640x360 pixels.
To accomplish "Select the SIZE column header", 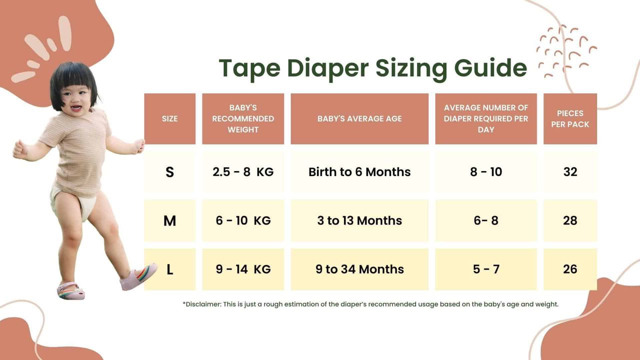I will tap(169, 118).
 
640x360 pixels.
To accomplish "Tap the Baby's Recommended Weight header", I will tap(243, 118).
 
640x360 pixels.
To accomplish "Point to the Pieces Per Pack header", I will tap(570, 118).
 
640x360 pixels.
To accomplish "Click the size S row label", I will tap(169, 172).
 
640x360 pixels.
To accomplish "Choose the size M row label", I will tap(169, 220).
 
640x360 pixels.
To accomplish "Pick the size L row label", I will tap(169, 269).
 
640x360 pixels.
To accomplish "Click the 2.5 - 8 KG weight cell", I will tap(243, 172).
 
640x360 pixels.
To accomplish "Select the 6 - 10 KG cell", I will tap(243, 220).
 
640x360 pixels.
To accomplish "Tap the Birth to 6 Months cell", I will tap(359, 172).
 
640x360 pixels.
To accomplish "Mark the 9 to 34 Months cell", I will tap(359, 269).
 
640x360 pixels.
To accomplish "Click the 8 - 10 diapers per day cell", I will tap(486, 172).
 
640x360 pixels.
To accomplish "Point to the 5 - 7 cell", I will tap(486, 269).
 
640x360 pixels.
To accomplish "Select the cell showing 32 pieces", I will tap(570, 172).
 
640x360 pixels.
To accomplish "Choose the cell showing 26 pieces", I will tap(570, 269).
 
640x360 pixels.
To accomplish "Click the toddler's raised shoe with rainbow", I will tap(138, 276).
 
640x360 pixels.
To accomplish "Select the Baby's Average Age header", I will tap(359, 118).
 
